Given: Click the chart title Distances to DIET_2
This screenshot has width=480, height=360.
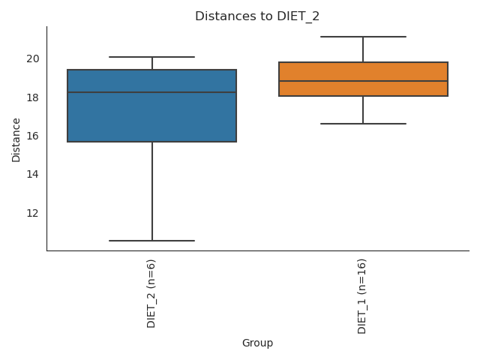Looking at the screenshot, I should [x=257, y=16].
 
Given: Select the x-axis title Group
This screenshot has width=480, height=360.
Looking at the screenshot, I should [x=257, y=343].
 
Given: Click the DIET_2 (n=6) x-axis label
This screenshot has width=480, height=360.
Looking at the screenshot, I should [x=151, y=293].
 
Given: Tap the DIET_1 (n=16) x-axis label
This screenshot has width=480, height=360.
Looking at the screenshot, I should [x=363, y=296].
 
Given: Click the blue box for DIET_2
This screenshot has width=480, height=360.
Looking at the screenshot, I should [x=151, y=116].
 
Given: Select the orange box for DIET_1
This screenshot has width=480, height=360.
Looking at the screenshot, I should [x=363, y=71].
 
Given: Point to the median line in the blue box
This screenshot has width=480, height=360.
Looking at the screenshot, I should [x=151, y=92].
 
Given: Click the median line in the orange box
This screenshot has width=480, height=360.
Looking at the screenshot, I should [x=363, y=81].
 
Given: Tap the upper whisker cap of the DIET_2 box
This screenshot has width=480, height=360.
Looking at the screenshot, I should [x=151, y=57].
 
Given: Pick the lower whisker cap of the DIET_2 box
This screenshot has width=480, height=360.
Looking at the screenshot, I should [x=151, y=241].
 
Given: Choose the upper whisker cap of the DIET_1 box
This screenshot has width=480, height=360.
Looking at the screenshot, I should [x=363, y=37].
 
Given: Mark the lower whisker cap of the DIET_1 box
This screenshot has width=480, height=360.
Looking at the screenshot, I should [x=363, y=123].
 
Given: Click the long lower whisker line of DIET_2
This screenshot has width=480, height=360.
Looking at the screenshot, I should [x=152, y=191].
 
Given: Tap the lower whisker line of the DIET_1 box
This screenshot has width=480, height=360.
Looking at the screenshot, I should [x=363, y=109].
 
